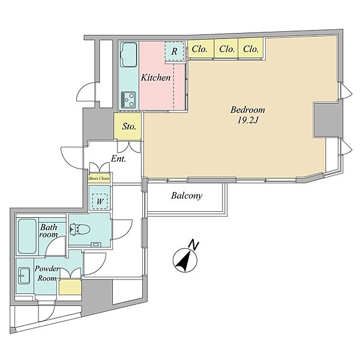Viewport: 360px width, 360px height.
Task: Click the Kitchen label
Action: point(155,77)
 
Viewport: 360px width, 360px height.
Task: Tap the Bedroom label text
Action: point(247,110)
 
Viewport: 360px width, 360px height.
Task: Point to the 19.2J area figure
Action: point(248,120)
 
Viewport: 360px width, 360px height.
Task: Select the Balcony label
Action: point(187,196)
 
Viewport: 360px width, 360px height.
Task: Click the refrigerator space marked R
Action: point(175,51)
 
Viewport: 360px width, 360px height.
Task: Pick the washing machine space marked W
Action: point(100,202)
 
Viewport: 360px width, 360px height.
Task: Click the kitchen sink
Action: point(128,55)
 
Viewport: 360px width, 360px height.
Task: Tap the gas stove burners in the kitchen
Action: point(128,100)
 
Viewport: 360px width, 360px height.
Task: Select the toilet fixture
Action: point(80,229)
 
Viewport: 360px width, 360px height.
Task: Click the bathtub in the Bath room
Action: point(28,236)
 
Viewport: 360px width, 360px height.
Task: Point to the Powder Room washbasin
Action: point(24,275)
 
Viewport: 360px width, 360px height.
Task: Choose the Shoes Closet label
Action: point(99,178)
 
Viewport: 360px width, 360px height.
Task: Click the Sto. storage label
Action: point(129,126)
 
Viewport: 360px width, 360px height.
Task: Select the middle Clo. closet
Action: point(226,49)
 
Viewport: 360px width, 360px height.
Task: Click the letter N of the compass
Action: point(193,245)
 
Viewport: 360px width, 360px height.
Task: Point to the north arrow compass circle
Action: point(185,260)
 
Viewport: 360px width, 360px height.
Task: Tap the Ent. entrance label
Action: point(118,158)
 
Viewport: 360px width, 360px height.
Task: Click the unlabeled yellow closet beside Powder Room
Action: point(70,287)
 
